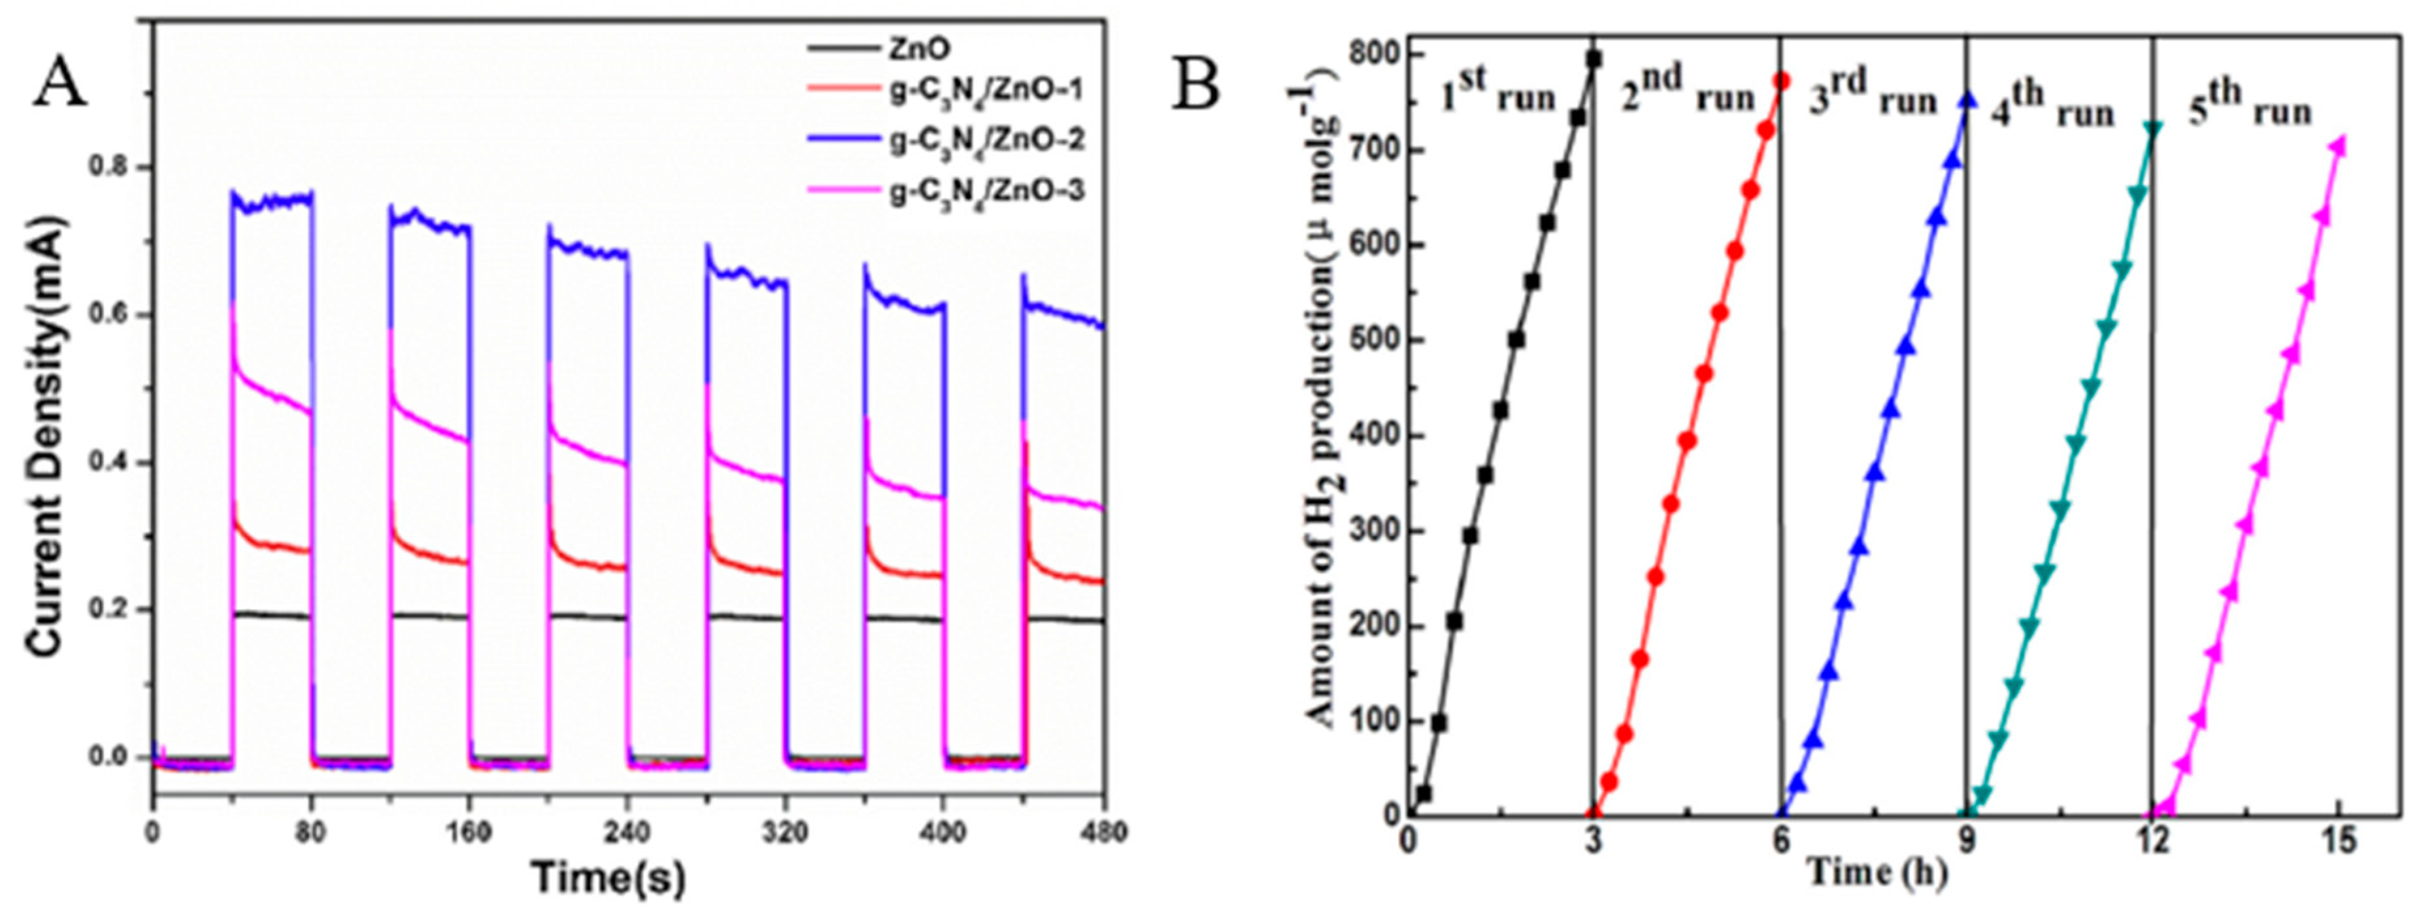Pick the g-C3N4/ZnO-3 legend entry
[x=987, y=191]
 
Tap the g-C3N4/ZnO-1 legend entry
[x=987, y=91]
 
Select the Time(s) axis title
[x=609, y=879]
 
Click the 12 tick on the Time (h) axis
[x=2152, y=842]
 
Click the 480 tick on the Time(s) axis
[x=1103, y=832]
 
